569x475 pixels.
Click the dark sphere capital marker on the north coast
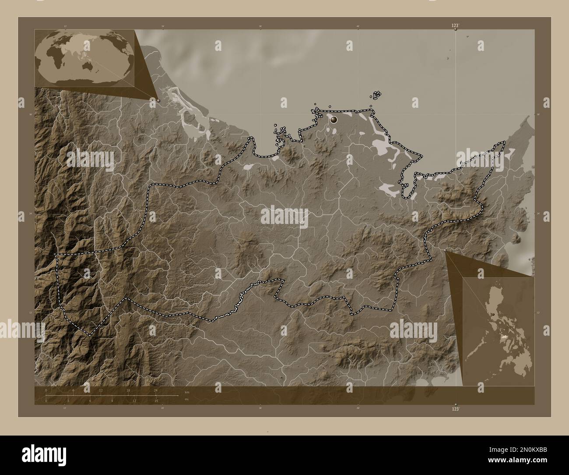coord(334,119)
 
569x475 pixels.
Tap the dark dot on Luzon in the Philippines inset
coord(493,314)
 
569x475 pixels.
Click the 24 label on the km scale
coord(156,390)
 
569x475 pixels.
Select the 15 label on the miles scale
coord(156,401)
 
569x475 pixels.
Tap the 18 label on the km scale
coord(128,390)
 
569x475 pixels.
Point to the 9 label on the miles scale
coord(112,401)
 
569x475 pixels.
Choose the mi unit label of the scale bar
coord(186,399)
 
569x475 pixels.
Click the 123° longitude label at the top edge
coord(456,26)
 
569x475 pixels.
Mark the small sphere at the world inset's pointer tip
coord(158,100)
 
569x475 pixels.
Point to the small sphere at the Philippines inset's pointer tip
coord(445,250)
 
